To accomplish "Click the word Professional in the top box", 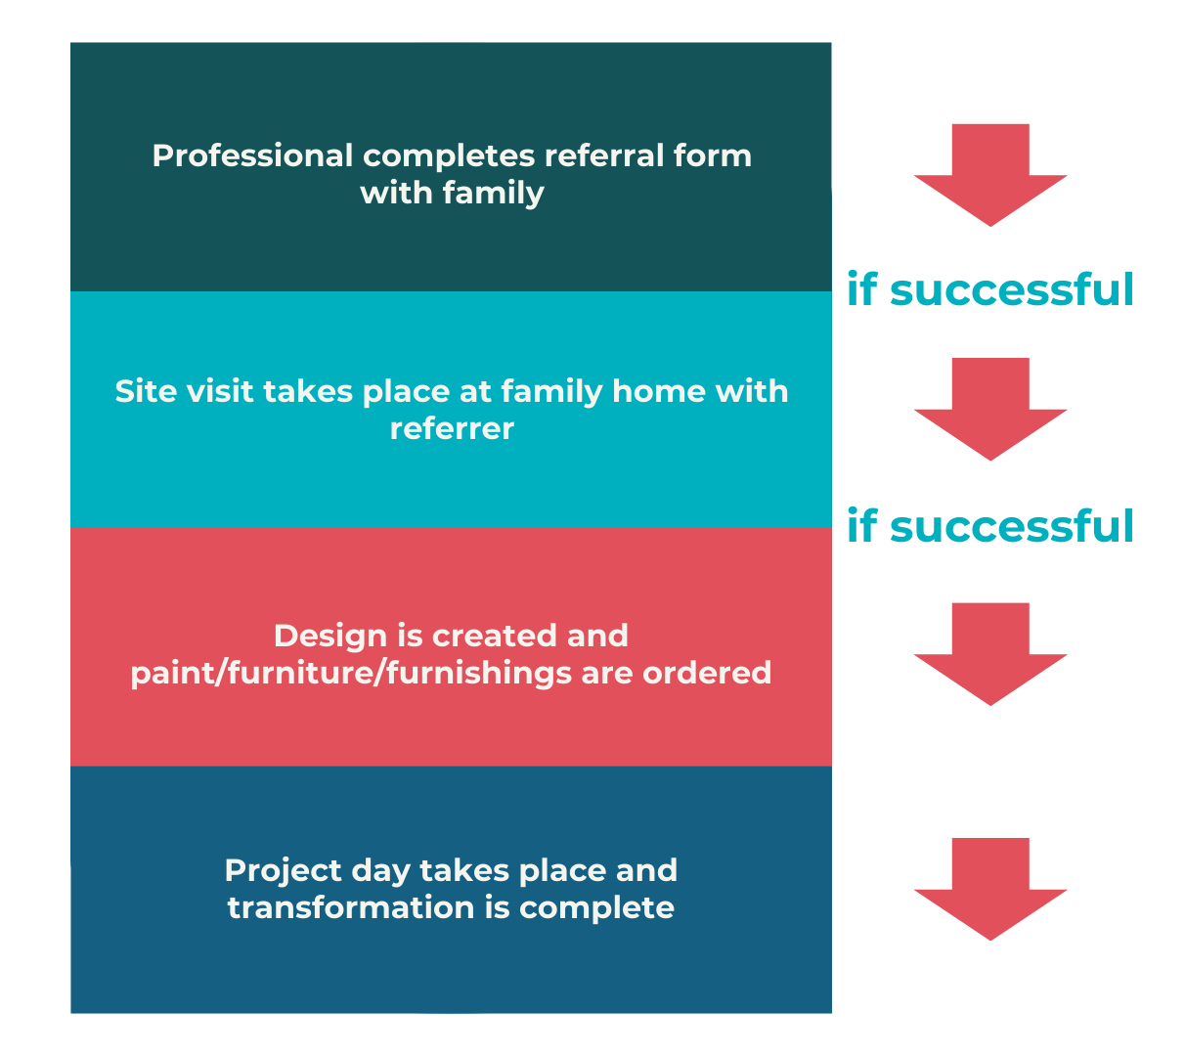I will pyautogui.click(x=252, y=155).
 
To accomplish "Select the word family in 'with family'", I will pyautogui.click(x=493, y=193).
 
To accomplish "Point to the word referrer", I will pyautogui.click(x=452, y=428).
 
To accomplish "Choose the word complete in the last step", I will pyautogui.click(x=596, y=907).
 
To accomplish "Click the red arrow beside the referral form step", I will pyautogui.click(x=989, y=176).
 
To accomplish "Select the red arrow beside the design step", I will pyautogui.click(x=989, y=654).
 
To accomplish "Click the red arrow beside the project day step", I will pyautogui.click(x=989, y=889).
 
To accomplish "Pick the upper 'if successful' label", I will pyautogui.click(x=989, y=290).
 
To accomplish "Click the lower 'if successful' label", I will pyautogui.click(x=989, y=526).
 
